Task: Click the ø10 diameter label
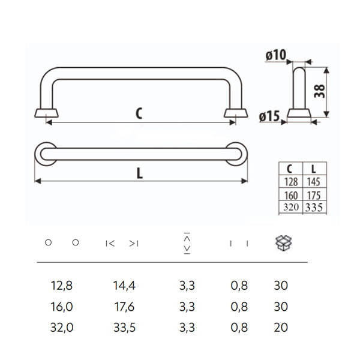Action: [275, 56]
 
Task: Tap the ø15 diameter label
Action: [270, 118]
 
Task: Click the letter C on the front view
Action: [139, 112]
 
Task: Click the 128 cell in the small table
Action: [291, 182]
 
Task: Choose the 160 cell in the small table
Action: [291, 196]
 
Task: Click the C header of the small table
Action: [291, 169]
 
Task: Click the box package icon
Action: [283, 242]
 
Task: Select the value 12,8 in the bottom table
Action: [62, 286]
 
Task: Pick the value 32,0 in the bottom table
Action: [62, 328]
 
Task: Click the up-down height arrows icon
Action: [187, 242]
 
